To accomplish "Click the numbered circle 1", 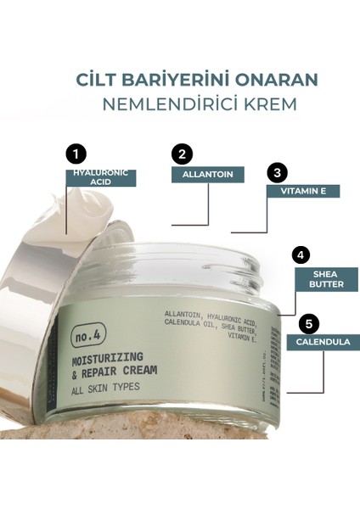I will point(77,155).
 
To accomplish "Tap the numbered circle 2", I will point(181,155).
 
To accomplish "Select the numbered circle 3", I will point(275,172).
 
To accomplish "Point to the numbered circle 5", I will point(309,323).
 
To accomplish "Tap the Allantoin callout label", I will point(208,175).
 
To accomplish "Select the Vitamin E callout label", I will point(303,191).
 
